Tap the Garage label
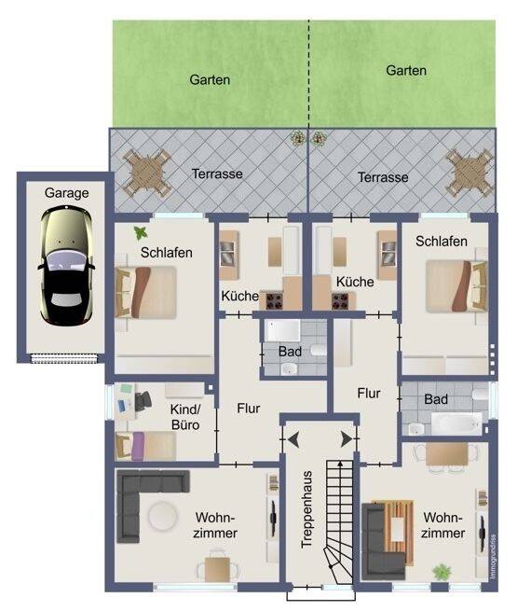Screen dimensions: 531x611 pyautogui.click(x=66, y=193)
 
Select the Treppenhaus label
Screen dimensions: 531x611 pyautogui.click(x=306, y=509)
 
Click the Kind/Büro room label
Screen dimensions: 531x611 pyautogui.click(x=185, y=417)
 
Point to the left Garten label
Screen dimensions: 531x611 pyautogui.click(x=210, y=80)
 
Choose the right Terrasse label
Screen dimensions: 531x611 pyautogui.click(x=383, y=177)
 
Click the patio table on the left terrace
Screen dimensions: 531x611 pyautogui.click(x=147, y=174)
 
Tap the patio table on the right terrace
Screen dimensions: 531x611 pyautogui.click(x=470, y=173)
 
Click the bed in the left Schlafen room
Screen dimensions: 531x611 pyautogui.click(x=146, y=292)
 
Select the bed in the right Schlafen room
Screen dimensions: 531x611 pyautogui.click(x=456, y=286)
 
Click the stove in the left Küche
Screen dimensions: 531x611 pyautogui.click(x=274, y=301)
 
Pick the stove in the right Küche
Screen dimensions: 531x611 pyautogui.click(x=340, y=301)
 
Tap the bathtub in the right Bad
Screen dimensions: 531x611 pyautogui.click(x=456, y=424)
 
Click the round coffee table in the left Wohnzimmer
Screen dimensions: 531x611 pyautogui.click(x=163, y=516)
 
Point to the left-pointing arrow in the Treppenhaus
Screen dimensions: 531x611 pyautogui.click(x=293, y=439)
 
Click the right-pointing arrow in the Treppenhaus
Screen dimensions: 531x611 pyautogui.click(x=347, y=439)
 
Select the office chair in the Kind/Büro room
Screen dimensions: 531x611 pyautogui.click(x=143, y=401)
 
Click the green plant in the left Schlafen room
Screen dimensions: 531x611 pyautogui.click(x=141, y=233)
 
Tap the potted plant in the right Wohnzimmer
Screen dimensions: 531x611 pyautogui.click(x=442, y=573)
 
